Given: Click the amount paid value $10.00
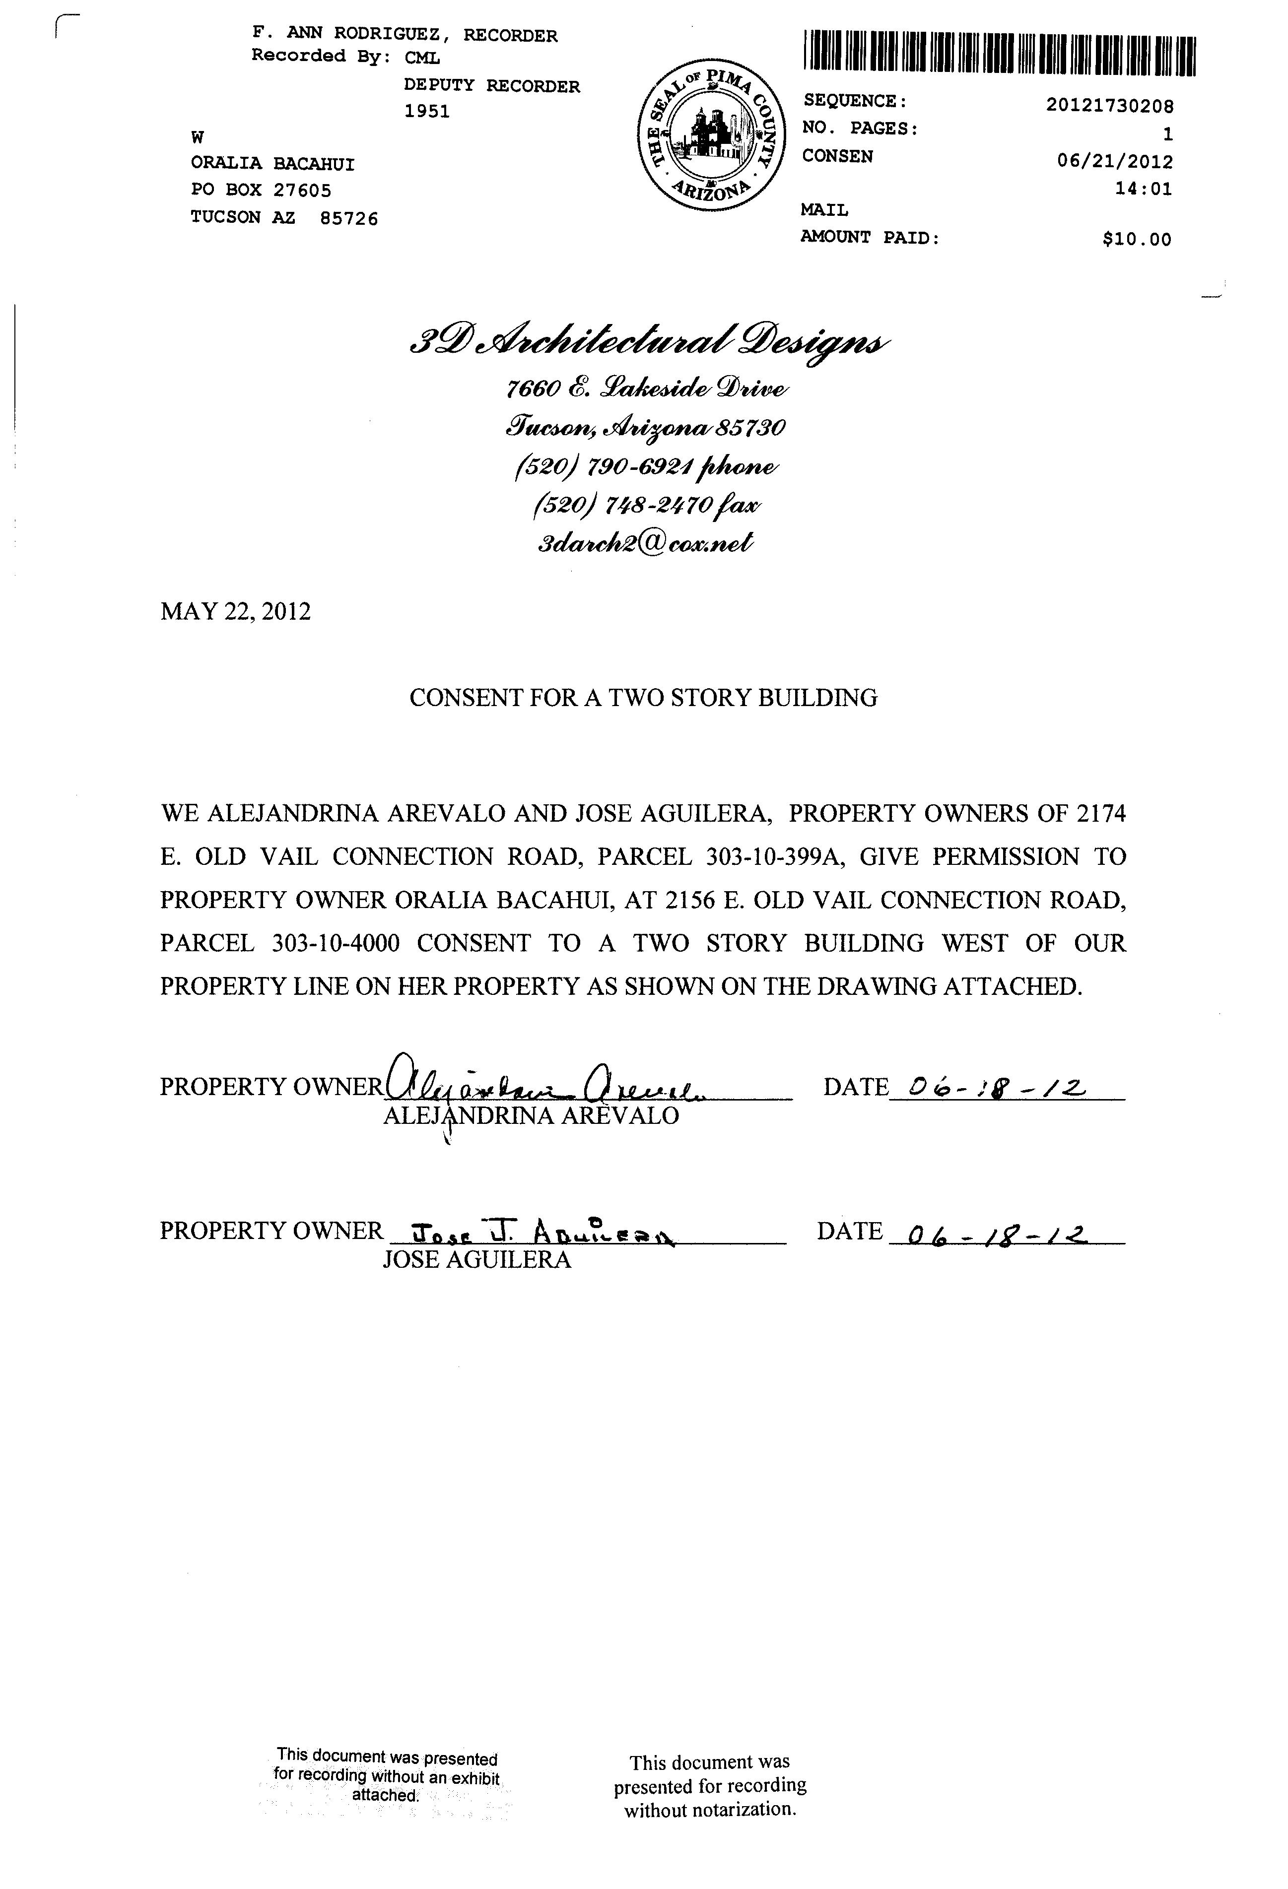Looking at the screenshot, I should [x=1137, y=239].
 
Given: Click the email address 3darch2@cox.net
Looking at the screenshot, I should [x=646, y=542].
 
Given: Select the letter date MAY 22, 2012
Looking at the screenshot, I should [x=236, y=611].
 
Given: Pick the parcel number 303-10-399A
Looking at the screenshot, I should [x=768, y=857].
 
